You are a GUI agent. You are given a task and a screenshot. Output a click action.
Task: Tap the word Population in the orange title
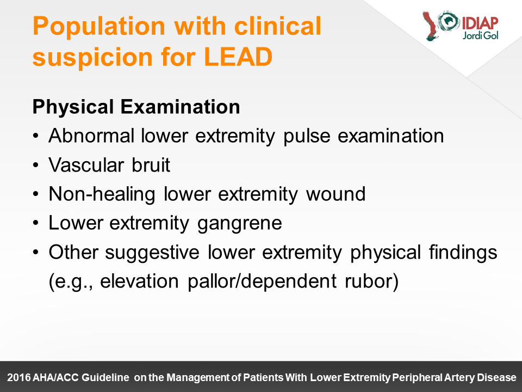point(99,26)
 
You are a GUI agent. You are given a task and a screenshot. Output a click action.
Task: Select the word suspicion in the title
point(92,57)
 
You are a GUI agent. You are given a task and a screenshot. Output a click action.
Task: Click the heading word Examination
point(180,107)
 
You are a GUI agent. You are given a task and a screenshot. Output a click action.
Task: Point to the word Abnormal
point(91,136)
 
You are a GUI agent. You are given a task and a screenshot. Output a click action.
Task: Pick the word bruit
point(151,164)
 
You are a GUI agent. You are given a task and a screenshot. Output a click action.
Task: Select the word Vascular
point(86,164)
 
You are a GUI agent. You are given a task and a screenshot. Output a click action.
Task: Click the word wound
point(335,194)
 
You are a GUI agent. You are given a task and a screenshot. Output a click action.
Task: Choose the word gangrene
point(240,224)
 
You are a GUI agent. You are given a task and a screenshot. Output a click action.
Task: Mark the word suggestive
point(152,253)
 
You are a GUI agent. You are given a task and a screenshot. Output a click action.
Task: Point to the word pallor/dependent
point(262,281)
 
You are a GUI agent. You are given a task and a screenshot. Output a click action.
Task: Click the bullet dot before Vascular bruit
point(36,166)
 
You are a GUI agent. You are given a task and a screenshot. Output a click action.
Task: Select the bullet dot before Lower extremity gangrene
point(36,223)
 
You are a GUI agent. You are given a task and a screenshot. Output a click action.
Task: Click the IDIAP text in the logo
point(480,23)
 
